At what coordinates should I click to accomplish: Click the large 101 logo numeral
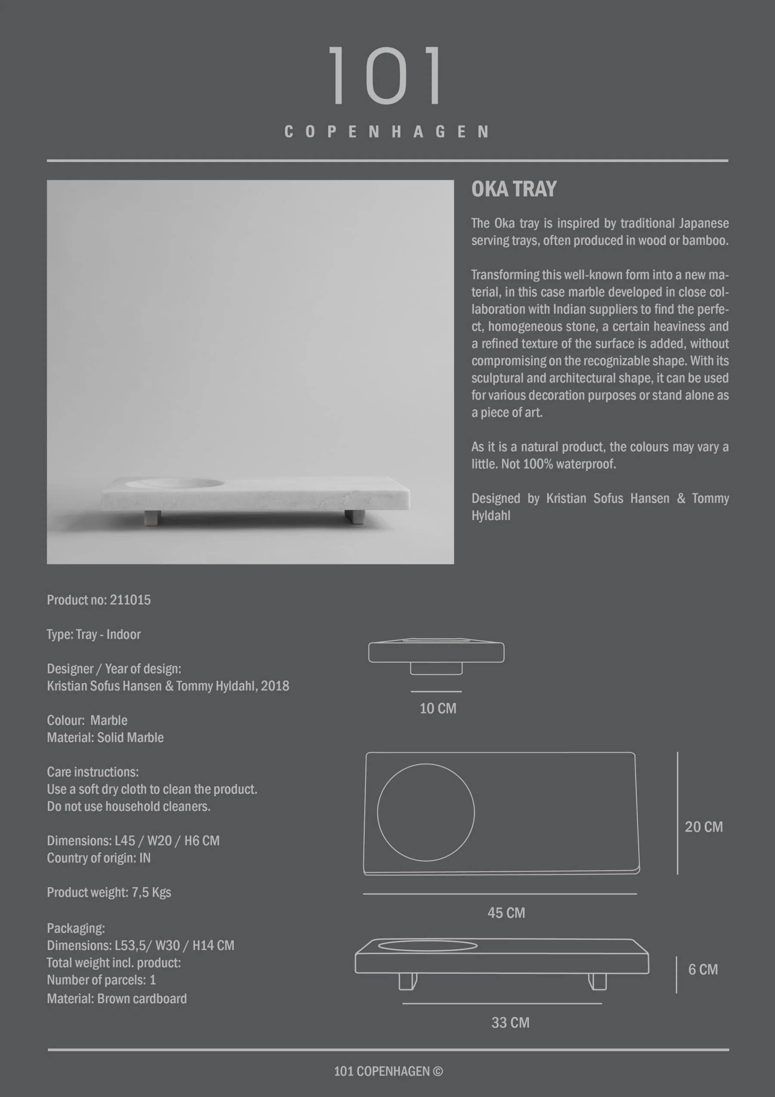pyautogui.click(x=386, y=75)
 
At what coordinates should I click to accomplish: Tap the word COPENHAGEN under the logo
pyautogui.click(x=387, y=132)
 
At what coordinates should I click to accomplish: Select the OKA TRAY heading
pyautogui.click(x=514, y=189)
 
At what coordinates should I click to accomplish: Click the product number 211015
pyautogui.click(x=130, y=600)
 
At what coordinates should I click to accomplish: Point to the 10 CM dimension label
pyautogui.click(x=438, y=708)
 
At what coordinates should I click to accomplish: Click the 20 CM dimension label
pyautogui.click(x=704, y=827)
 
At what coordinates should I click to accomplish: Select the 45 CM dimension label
pyautogui.click(x=506, y=913)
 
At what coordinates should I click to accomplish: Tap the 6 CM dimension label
pyautogui.click(x=703, y=969)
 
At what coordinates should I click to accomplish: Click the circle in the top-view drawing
pyautogui.click(x=425, y=812)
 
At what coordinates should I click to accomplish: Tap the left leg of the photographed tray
pyautogui.click(x=152, y=517)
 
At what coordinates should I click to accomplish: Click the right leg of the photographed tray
pyautogui.click(x=354, y=517)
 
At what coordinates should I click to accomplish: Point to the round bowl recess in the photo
pyautogui.click(x=175, y=483)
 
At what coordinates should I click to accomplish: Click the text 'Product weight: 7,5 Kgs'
pyautogui.click(x=109, y=892)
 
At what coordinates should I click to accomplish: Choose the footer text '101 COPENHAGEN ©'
pyautogui.click(x=388, y=1072)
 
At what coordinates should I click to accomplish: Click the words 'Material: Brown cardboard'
pyautogui.click(x=117, y=999)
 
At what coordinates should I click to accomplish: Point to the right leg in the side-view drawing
pyautogui.click(x=597, y=982)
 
